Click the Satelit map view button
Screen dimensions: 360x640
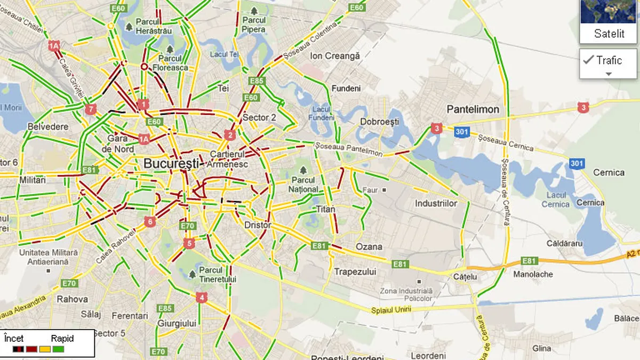(x=609, y=21)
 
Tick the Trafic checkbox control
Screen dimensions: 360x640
(x=589, y=60)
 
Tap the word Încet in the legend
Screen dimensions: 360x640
(x=14, y=338)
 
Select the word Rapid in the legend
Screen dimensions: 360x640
(x=62, y=338)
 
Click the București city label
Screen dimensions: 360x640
(x=171, y=163)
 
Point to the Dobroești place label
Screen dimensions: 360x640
(x=379, y=122)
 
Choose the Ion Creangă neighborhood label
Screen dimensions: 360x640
(x=335, y=55)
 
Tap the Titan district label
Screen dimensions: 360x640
(x=325, y=209)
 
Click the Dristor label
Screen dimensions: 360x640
(x=258, y=225)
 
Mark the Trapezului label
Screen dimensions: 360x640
(x=355, y=271)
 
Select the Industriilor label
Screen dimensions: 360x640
(x=436, y=204)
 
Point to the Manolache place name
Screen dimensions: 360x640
(x=532, y=274)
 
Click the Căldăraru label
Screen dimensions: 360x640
(x=565, y=244)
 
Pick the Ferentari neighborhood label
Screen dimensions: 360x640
(x=131, y=316)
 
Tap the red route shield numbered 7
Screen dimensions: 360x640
(x=90, y=110)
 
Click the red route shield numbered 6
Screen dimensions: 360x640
(x=150, y=221)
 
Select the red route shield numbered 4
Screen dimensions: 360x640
(x=201, y=297)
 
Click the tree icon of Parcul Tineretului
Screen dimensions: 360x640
(x=191, y=274)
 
